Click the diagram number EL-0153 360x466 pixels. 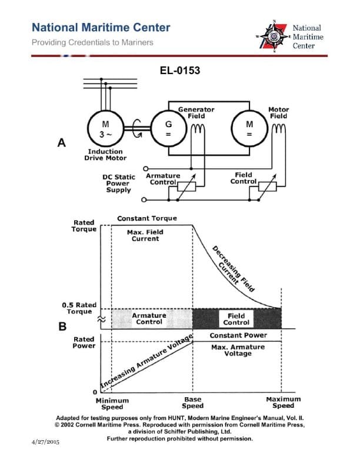pos(180,71)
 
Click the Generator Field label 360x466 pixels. pos(196,112)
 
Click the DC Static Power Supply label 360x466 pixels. pos(118,183)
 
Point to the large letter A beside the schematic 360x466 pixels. pos(61,143)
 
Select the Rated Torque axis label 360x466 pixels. pos(84,225)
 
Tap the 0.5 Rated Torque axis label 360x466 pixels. pos(79,308)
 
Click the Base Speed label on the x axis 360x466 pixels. pos(192,402)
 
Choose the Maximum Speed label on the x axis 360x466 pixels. pos(283,402)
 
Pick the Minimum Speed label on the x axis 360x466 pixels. pos(112,403)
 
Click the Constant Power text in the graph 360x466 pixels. pos(238,335)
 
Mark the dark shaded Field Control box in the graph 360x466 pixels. pos(236,319)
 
